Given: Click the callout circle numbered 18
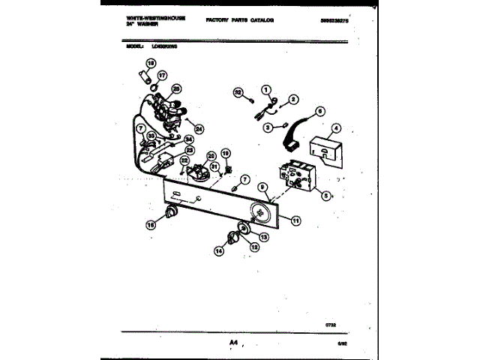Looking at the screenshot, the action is coord(150,64).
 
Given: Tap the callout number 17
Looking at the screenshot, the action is coord(162,75).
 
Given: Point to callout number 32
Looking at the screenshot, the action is coord(238,94).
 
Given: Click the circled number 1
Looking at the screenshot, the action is coord(265,91).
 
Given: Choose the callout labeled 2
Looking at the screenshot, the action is coord(293,99).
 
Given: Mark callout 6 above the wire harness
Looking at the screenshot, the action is coord(319,111).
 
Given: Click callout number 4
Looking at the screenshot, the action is coord(336,128).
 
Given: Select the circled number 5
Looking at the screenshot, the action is coord(325,196).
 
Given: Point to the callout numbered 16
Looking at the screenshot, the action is coord(150,223).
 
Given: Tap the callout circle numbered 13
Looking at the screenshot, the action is coord(263,236).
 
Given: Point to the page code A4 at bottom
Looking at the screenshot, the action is coord(233,344).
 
